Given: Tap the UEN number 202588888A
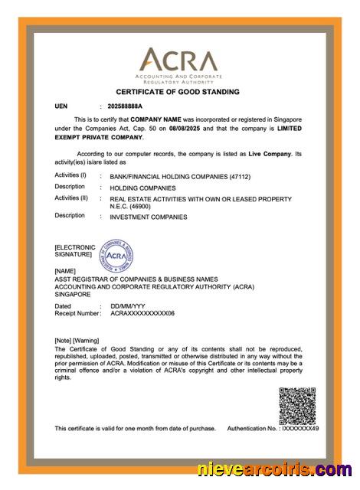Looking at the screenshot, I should tap(125, 106).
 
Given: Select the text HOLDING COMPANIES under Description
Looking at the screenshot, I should tap(142, 188).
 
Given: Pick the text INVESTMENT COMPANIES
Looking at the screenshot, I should tap(149, 217).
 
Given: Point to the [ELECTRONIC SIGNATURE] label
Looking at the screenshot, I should tap(74, 250).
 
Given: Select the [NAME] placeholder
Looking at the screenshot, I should tap(66, 271).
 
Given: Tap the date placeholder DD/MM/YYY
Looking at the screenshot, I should tap(126, 306).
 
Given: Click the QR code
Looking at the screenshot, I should tap(298, 406).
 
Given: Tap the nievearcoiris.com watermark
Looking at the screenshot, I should tap(275, 470).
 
